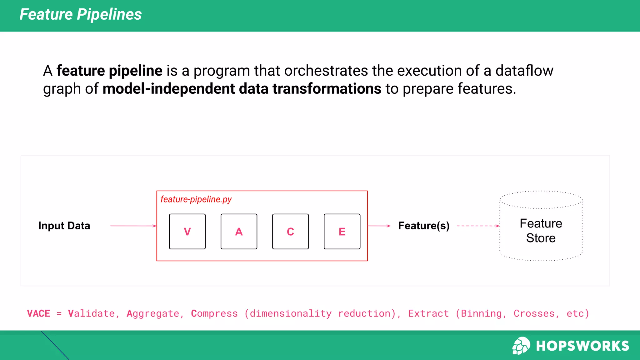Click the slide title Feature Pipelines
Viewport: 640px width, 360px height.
[x=81, y=14]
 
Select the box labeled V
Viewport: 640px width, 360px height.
[x=187, y=232]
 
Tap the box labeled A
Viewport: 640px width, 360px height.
[x=239, y=232]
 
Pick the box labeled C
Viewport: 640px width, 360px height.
[x=290, y=232]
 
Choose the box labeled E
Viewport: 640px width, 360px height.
[x=342, y=232]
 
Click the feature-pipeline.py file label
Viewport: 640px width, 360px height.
[x=196, y=199]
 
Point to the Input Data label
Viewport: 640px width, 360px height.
[x=64, y=226]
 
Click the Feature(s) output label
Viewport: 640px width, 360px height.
[x=424, y=226]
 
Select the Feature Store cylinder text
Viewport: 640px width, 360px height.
[x=541, y=231]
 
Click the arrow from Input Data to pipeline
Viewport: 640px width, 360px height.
[x=133, y=226]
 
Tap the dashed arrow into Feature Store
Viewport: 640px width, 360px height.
[x=478, y=226]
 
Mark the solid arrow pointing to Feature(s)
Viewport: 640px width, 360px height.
[x=379, y=226]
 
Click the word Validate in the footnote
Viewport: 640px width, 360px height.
[x=92, y=313]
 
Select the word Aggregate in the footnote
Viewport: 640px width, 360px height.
[x=153, y=313]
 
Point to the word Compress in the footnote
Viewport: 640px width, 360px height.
[x=214, y=313]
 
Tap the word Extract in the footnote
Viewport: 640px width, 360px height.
[x=428, y=313]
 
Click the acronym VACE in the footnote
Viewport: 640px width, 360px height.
[x=39, y=313]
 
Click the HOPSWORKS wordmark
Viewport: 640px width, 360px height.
[x=582, y=346]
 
